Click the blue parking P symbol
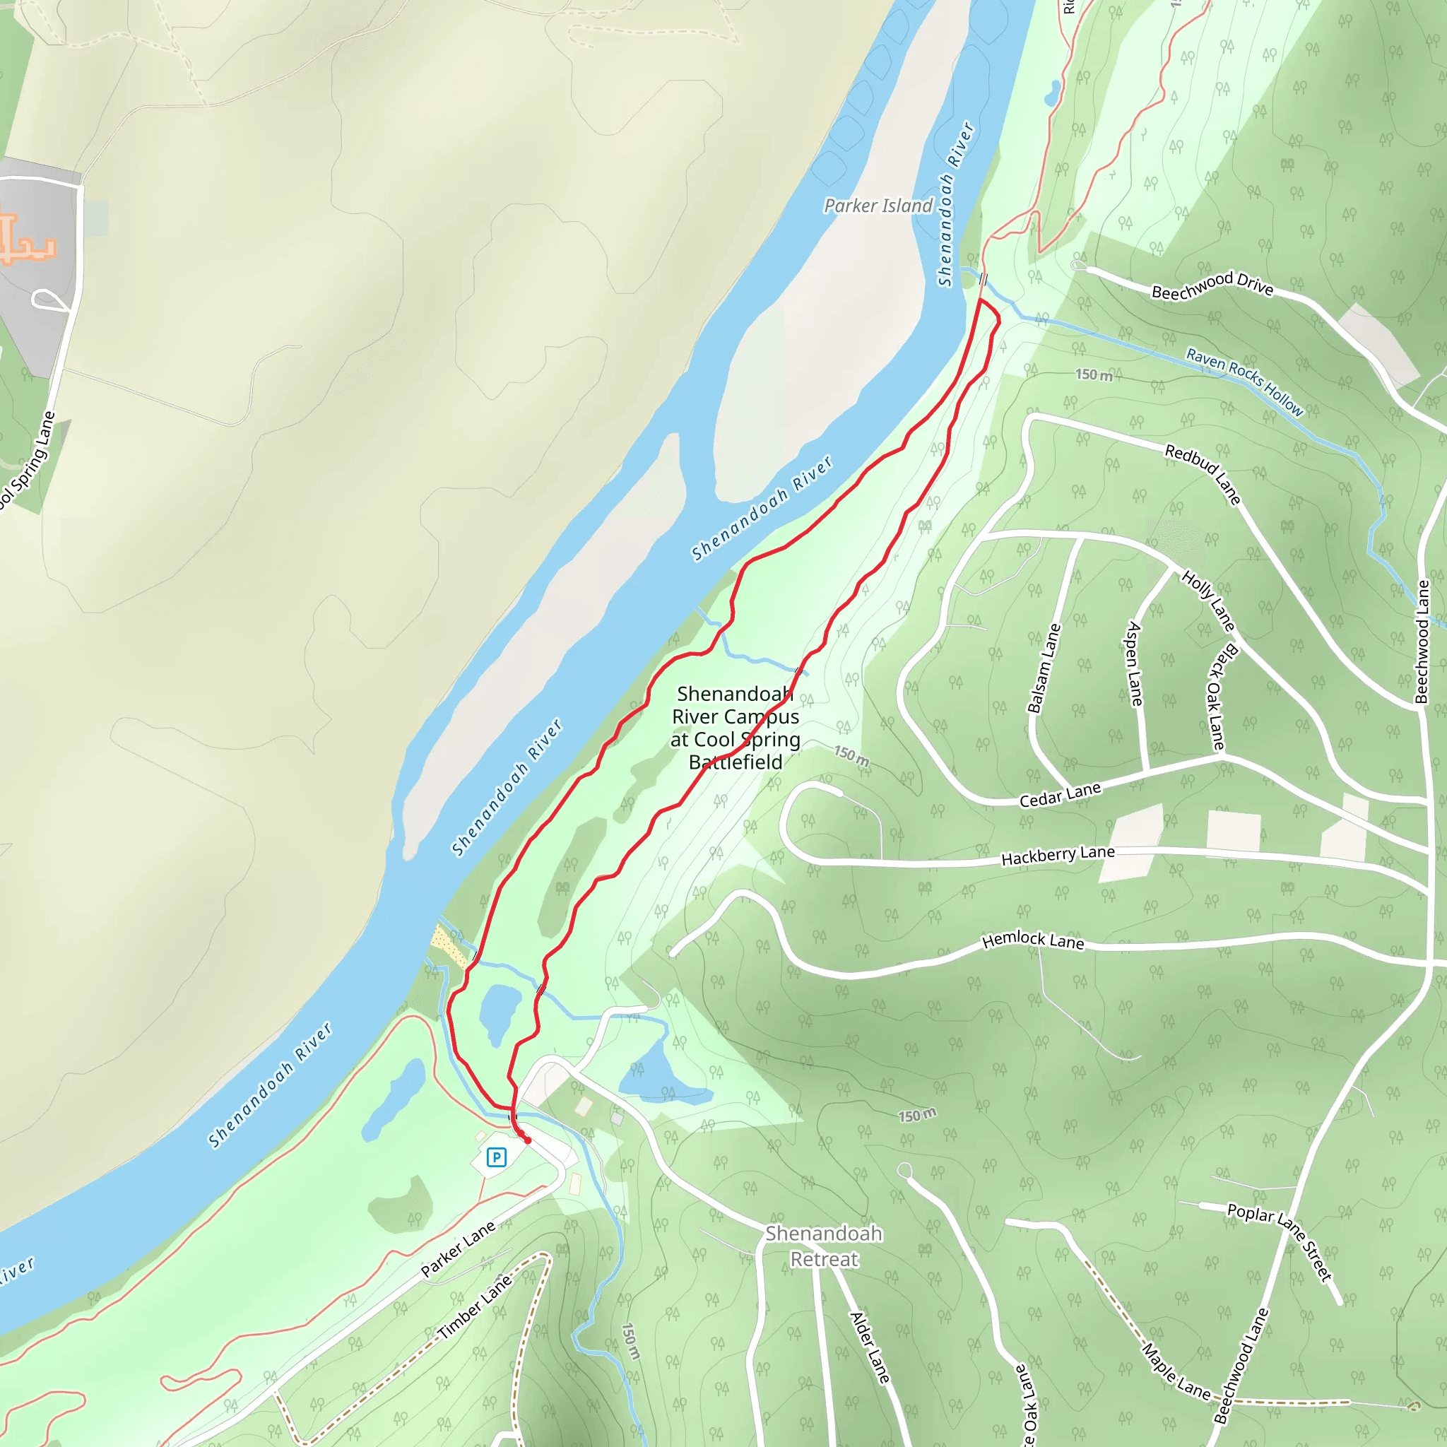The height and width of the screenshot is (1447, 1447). point(496,1157)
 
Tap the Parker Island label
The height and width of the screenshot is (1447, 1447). point(878,206)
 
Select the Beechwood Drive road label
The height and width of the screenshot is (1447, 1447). point(1212,286)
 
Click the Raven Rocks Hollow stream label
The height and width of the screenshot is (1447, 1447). point(1244,382)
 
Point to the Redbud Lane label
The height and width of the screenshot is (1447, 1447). point(1203,474)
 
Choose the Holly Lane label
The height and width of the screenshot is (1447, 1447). point(1208,600)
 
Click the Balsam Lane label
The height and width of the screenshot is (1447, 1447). point(1044,668)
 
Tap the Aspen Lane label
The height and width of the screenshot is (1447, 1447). point(1135,663)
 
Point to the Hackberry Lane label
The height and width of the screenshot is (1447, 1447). point(1058,855)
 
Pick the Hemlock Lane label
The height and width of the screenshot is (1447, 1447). point(1033,940)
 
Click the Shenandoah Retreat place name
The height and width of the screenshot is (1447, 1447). point(823,1246)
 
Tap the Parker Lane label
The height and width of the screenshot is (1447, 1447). point(458,1249)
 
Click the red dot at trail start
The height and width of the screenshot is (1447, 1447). point(527,1140)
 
